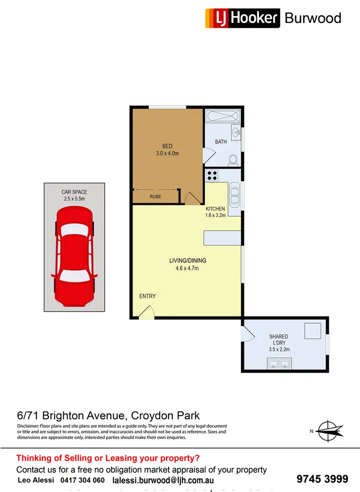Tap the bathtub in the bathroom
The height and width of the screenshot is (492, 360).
[222, 117]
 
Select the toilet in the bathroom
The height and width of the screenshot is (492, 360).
[233, 159]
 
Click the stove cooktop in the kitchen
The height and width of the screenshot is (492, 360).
[212, 175]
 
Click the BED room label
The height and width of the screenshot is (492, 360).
[167, 146]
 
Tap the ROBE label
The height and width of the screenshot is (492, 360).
[155, 197]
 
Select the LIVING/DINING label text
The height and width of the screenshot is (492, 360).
[187, 260]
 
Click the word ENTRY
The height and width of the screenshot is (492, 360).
[147, 296]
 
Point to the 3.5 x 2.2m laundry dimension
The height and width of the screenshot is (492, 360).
[278, 349]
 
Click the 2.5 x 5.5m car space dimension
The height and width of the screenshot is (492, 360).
[74, 199]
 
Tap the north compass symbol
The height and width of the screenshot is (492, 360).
[329, 430]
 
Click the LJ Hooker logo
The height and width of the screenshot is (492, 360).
[242, 18]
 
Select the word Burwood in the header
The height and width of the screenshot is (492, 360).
[313, 18]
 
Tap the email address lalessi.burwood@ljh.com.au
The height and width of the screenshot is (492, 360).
[163, 480]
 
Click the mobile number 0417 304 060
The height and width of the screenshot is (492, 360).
[83, 480]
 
